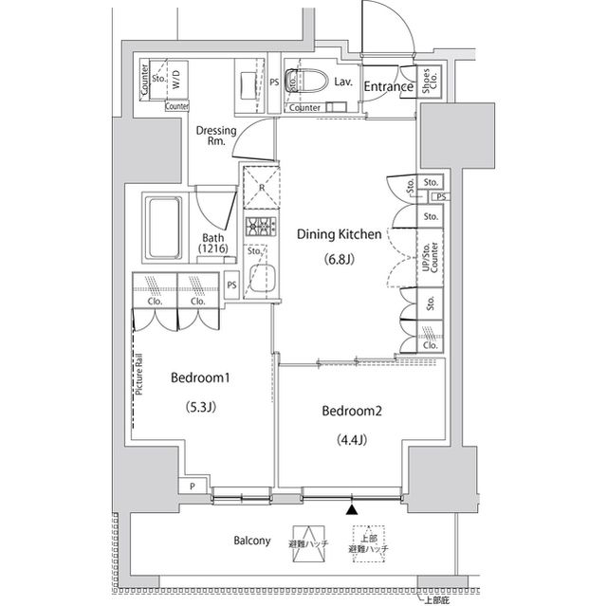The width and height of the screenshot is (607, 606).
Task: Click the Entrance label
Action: (388, 87)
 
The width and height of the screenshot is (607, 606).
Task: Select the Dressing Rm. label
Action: (215, 136)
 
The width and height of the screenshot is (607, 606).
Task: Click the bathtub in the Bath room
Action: (166, 229)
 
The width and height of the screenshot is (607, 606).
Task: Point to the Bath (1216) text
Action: (212, 244)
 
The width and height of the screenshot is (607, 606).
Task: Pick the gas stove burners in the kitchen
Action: (258, 228)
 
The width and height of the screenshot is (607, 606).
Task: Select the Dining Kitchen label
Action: (340, 233)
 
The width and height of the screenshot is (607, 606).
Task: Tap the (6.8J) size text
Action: (340, 259)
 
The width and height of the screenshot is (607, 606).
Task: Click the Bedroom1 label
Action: (201, 378)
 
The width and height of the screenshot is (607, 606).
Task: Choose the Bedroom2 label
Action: (351, 411)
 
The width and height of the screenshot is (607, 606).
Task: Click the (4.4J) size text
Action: (351, 439)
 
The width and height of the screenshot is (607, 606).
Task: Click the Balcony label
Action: (252, 541)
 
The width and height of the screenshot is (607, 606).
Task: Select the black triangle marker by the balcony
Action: (353, 509)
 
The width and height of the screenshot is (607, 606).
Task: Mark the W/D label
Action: (175, 81)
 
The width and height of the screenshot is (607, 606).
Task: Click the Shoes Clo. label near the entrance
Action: (429, 82)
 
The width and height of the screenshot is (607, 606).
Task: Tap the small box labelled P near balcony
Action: (193, 487)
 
